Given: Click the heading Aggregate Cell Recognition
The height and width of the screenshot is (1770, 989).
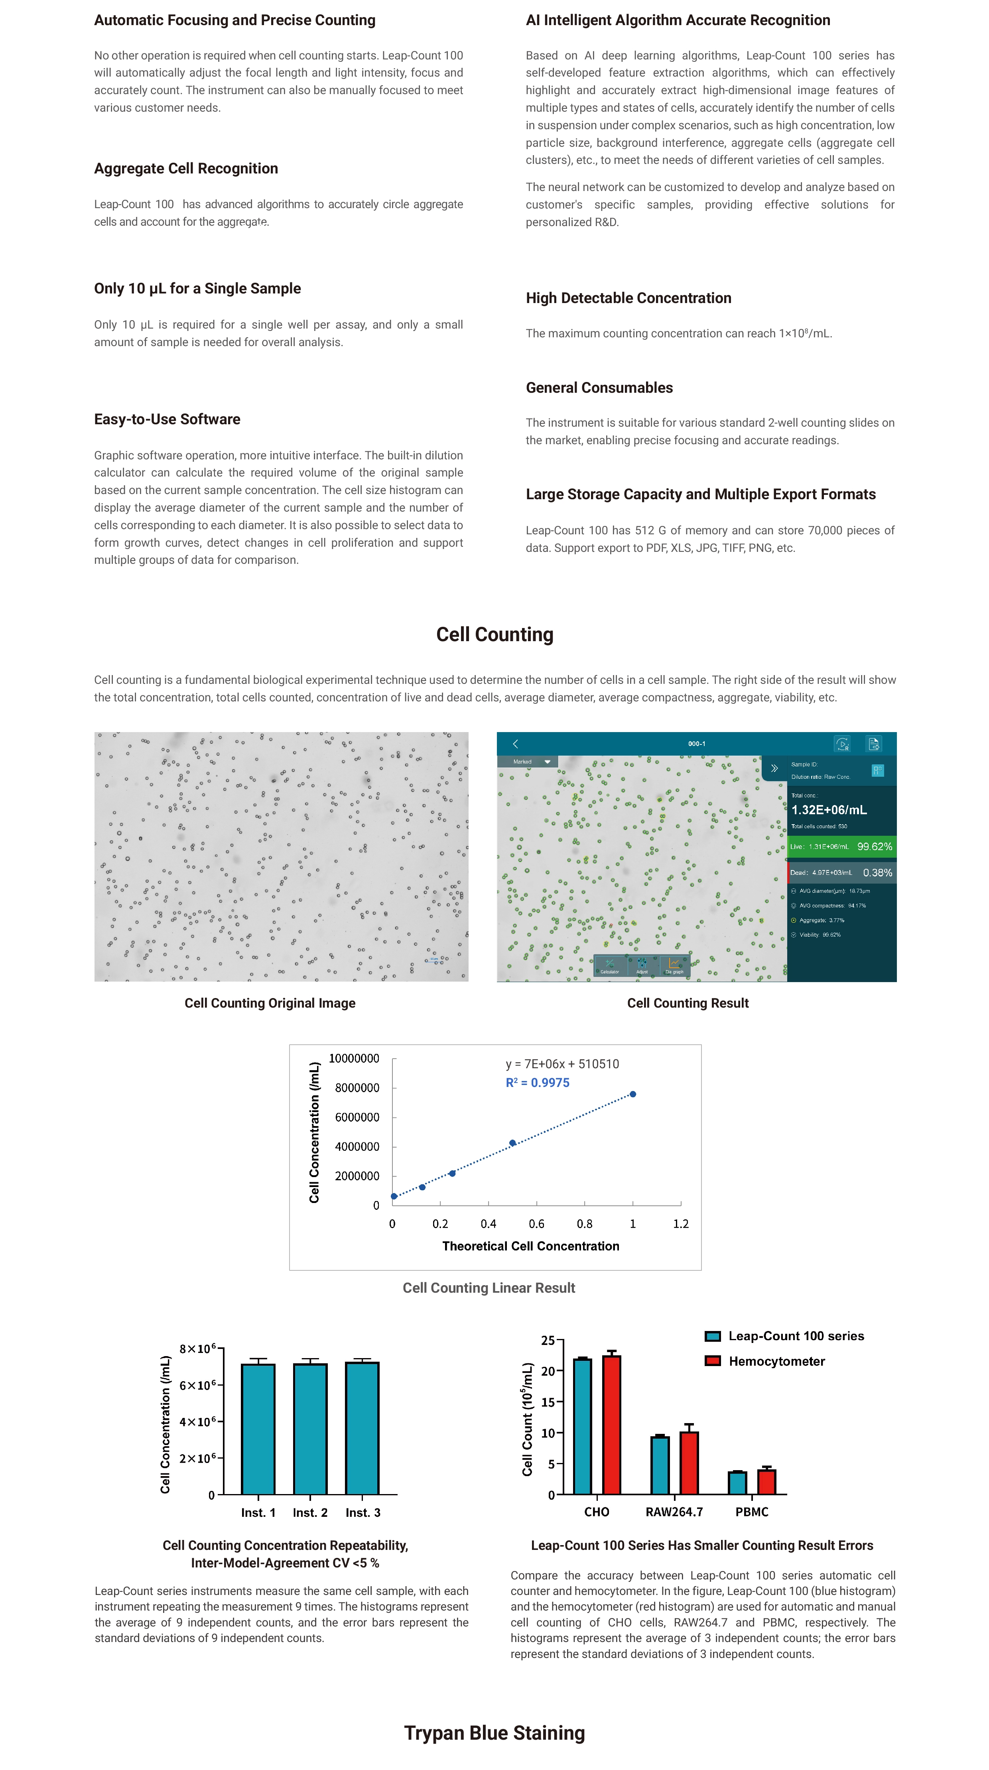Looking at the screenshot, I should tap(185, 168).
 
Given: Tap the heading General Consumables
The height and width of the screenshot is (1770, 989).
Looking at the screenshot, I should tap(599, 388).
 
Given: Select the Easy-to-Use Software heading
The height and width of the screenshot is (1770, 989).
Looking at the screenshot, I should tap(167, 419).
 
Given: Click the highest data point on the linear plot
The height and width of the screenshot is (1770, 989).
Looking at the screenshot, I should tap(632, 1094).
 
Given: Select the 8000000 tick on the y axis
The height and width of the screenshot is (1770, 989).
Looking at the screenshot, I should tap(357, 1088).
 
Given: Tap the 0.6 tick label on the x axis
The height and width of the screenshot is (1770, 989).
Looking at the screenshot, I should tap(536, 1224).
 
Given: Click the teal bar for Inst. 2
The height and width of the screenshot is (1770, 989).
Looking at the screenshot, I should tap(310, 1429).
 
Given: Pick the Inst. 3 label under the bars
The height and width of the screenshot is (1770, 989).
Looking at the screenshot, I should tap(362, 1512).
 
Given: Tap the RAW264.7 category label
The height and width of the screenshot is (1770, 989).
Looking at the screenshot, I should tap(674, 1512).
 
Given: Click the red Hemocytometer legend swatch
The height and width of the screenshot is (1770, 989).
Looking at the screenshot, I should tap(712, 1361).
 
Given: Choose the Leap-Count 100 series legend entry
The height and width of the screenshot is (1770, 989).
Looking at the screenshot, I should tap(795, 1336).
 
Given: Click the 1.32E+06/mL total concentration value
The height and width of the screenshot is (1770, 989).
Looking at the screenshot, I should tap(828, 810).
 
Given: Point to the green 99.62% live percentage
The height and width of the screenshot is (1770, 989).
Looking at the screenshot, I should tap(873, 847).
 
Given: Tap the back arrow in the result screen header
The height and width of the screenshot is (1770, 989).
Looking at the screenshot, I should tap(516, 744).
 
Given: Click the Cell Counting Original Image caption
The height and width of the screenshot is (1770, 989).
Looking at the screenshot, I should tap(270, 1003).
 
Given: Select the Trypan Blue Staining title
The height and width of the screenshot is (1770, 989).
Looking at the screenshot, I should tap(494, 1733).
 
